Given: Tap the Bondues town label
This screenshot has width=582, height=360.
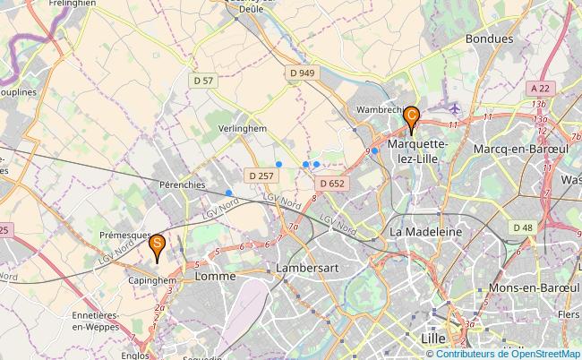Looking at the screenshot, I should (490, 39).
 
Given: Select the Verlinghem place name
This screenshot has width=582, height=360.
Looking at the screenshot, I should (244, 129).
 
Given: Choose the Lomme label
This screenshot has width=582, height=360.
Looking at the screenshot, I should (216, 277).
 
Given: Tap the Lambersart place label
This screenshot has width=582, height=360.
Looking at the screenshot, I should (308, 269).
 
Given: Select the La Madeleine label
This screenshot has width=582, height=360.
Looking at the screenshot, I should (425, 231).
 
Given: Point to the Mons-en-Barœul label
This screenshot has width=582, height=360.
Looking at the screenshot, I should (531, 288).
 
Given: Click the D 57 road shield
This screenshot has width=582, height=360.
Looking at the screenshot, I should (203, 81).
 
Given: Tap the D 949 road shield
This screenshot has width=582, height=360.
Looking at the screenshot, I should (304, 73).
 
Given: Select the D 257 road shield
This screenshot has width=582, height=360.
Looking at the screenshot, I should (261, 176).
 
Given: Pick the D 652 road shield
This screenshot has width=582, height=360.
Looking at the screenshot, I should (331, 184).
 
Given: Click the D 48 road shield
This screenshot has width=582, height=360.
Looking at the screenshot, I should (523, 227).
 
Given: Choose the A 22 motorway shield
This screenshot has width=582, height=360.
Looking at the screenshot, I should (539, 88).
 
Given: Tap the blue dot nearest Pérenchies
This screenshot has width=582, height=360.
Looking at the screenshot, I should (229, 193).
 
